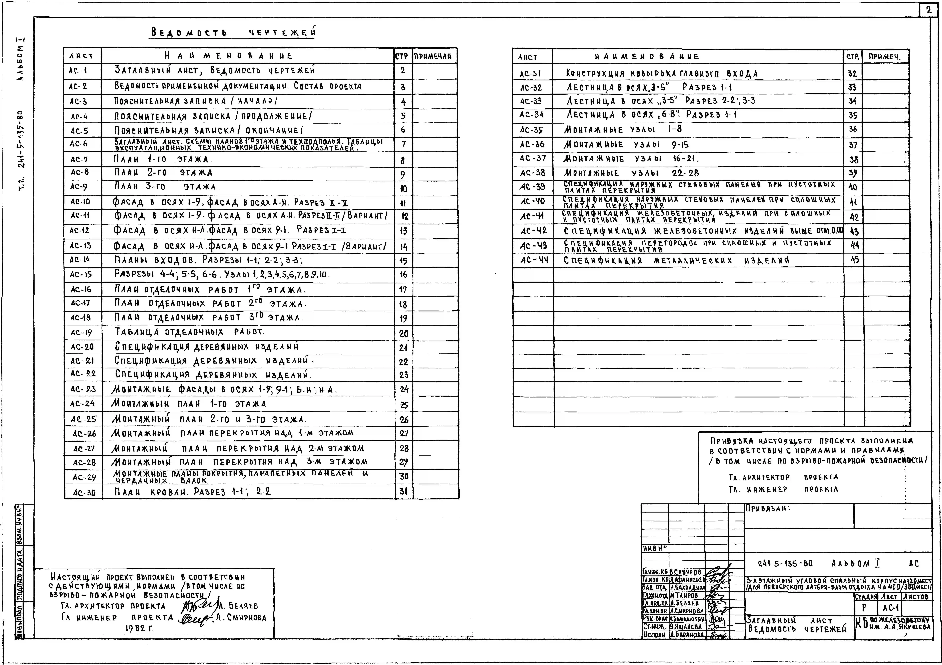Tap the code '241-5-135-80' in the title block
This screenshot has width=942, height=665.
click(x=785, y=564)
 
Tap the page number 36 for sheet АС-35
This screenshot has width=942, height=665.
click(x=853, y=130)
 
